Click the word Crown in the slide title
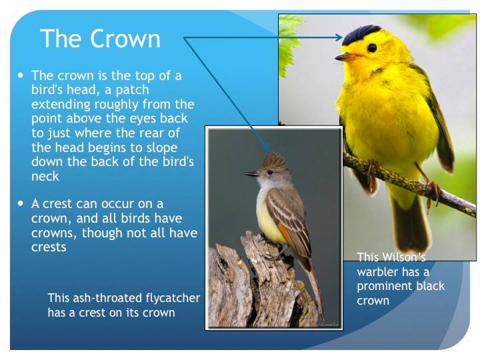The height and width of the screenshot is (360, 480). coord(125,39)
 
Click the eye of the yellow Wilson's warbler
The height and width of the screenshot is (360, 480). coord(372,48)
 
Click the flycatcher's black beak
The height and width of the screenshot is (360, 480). coord(252,174)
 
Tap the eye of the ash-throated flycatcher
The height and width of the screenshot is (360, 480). coord(270,173)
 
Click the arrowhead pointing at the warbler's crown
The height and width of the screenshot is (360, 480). coord(339,37)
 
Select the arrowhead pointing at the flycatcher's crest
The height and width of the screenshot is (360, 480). coord(266,145)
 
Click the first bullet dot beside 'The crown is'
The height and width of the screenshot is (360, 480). coord(21,75)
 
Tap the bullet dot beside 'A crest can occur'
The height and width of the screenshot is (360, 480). coord(21,203)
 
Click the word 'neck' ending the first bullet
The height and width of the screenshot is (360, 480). coord(45,176)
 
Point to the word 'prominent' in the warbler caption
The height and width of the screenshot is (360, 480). coord(379,287)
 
